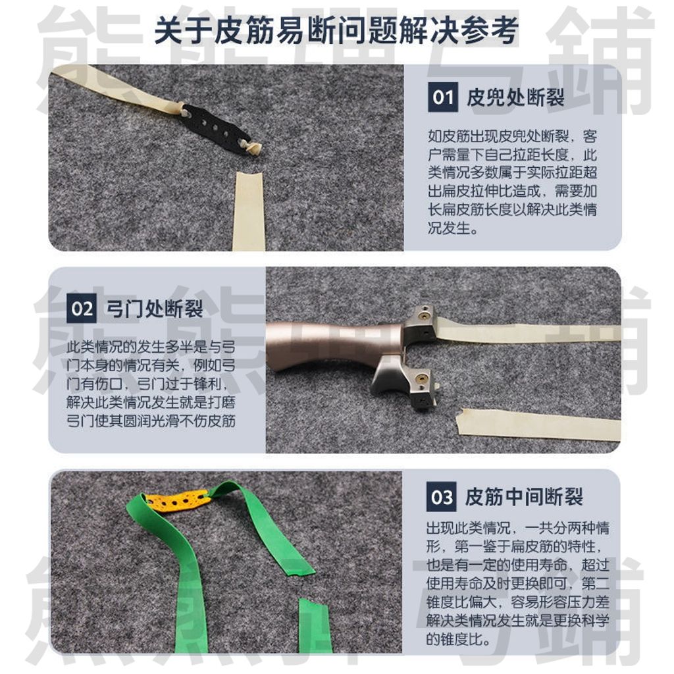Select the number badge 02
[82, 309]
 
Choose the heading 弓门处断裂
[155, 309]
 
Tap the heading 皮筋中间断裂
[524, 497]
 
